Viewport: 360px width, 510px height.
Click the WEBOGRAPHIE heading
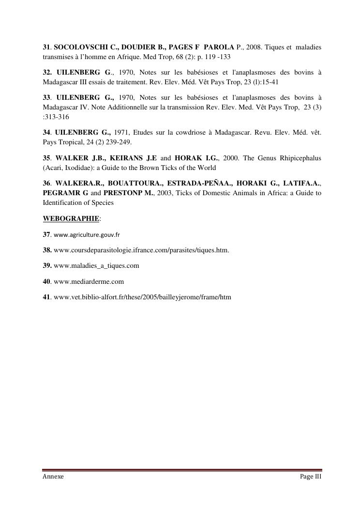tap(71, 218)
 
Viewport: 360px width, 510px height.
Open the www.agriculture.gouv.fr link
tap(87, 234)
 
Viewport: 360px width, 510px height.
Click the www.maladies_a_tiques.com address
tap(96, 266)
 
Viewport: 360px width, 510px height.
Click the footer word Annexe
tap(53, 477)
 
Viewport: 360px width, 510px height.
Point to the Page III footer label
tap(311, 477)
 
